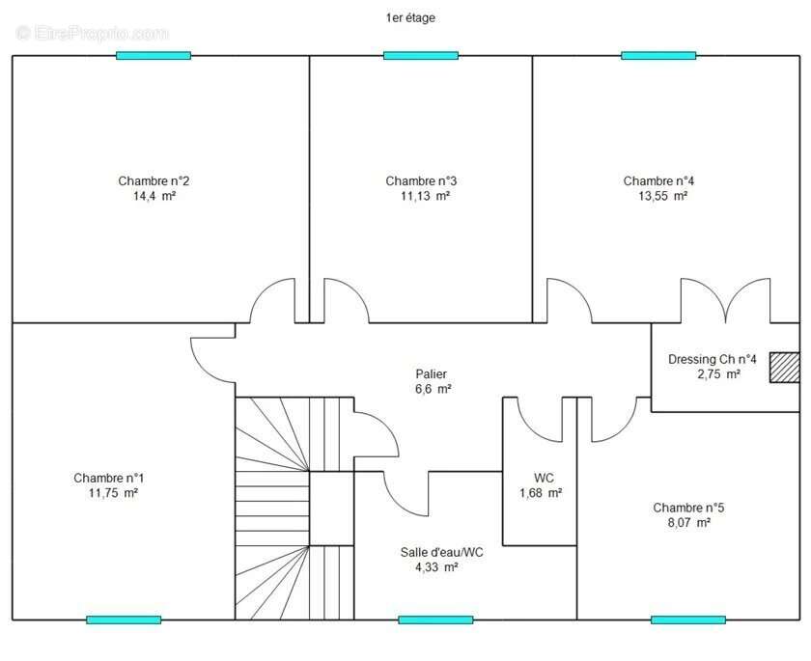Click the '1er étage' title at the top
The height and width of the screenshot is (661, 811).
(x=410, y=18)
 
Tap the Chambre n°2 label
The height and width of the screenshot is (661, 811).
(x=154, y=180)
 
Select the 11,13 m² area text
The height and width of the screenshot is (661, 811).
(x=425, y=196)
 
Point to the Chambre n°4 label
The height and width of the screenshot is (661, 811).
(x=658, y=180)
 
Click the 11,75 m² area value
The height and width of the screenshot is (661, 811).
(x=113, y=493)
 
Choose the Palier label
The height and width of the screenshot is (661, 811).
(x=432, y=373)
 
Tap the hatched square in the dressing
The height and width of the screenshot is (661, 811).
(x=785, y=368)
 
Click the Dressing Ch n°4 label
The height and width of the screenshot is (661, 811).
(x=713, y=359)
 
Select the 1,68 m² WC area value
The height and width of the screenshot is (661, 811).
(x=541, y=493)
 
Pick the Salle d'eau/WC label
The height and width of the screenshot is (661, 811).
(x=442, y=553)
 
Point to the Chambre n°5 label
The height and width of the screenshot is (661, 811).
(x=688, y=508)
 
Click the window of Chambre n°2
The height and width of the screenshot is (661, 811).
(x=154, y=56)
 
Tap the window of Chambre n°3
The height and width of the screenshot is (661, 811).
(x=421, y=56)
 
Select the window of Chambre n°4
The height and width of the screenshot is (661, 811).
(x=658, y=56)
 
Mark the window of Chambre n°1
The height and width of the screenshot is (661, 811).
(x=124, y=620)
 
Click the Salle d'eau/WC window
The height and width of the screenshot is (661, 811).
(x=436, y=620)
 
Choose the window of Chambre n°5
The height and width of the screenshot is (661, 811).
(x=688, y=620)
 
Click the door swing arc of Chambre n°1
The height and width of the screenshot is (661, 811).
(x=204, y=369)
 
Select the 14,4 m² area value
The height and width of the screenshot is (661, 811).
(x=154, y=196)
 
